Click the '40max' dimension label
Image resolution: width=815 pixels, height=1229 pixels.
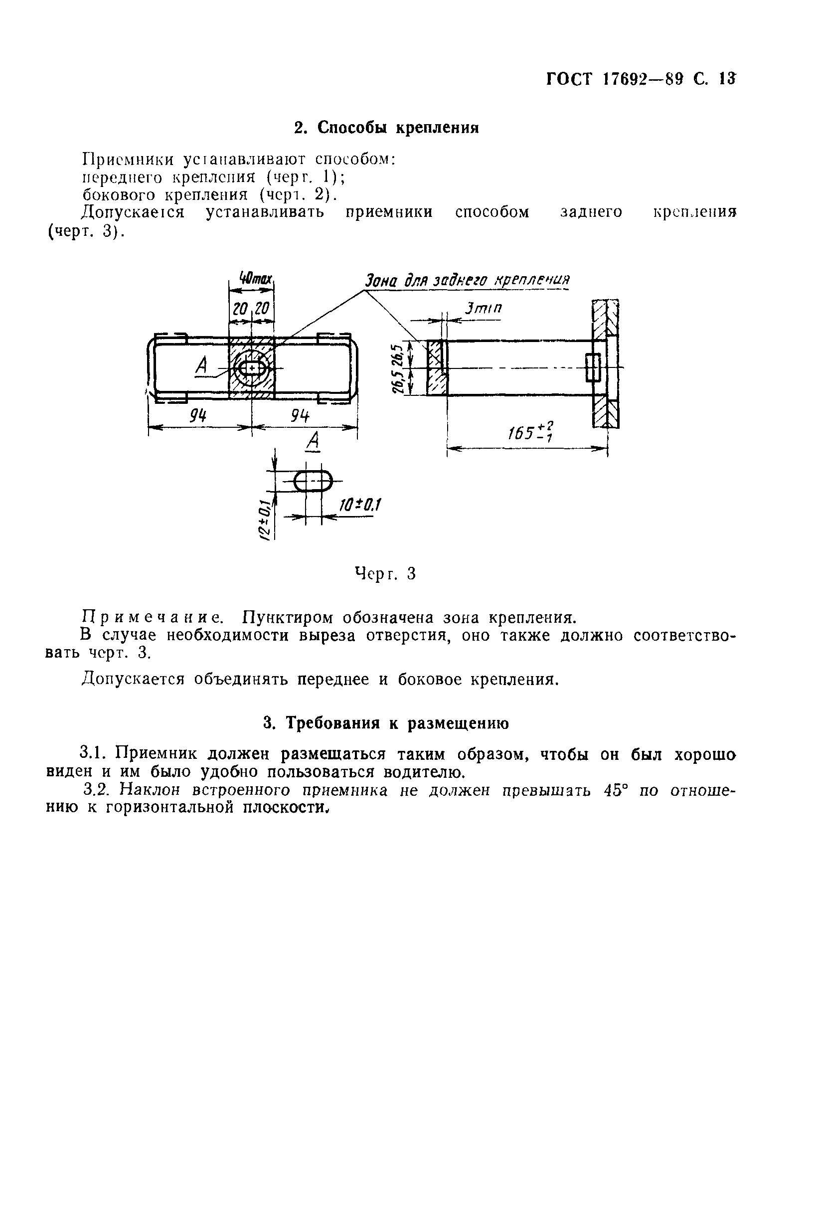[255, 279]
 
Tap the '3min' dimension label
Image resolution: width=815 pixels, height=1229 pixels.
[483, 309]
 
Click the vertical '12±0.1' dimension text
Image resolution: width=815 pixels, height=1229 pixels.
[265, 520]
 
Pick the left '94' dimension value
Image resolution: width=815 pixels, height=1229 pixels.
[198, 416]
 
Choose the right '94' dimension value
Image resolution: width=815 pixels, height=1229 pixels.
[300, 416]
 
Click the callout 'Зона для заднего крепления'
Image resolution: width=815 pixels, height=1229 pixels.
[466, 281]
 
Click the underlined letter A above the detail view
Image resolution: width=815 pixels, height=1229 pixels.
[314, 442]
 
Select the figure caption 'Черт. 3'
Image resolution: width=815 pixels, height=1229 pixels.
[385, 574]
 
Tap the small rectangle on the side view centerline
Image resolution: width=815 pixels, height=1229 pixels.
[593, 367]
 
